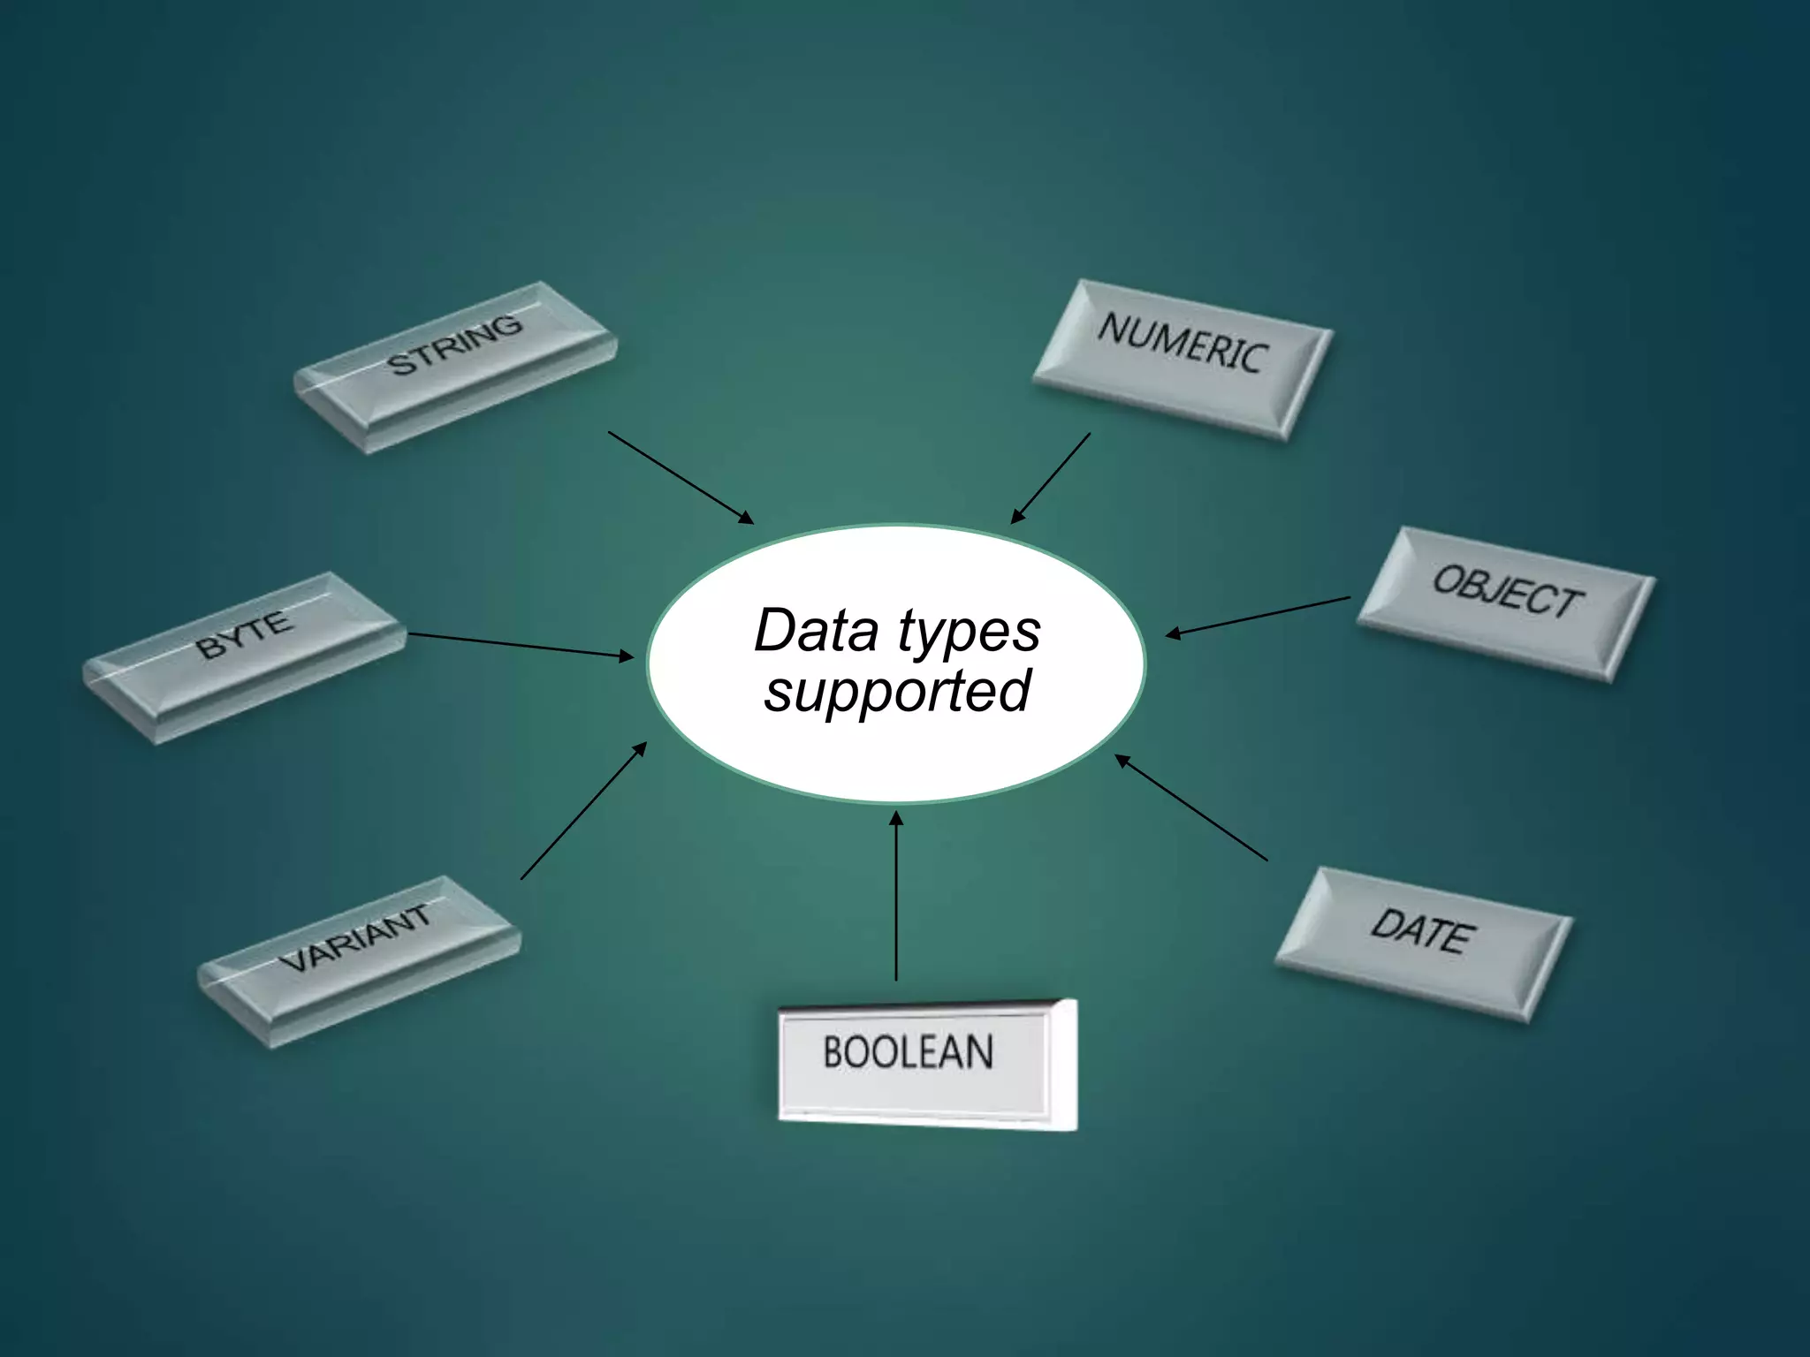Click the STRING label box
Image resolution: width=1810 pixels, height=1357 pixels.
pos(455,367)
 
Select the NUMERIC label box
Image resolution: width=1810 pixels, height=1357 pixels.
pos(1183,359)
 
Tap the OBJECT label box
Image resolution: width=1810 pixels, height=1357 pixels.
pos(1506,603)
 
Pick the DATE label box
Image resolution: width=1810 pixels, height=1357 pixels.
pos(1423,944)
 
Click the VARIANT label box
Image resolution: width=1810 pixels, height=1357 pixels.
pos(359,961)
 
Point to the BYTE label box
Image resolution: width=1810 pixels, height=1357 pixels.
pos(244,657)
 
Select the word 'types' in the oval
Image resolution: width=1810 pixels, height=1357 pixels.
pos(970,633)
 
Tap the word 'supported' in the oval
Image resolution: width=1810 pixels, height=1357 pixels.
pos(897,691)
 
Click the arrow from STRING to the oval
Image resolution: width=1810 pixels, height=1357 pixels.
pos(681,477)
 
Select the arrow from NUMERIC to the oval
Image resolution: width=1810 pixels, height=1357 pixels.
pos(1051,478)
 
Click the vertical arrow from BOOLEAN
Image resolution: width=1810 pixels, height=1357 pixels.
pos(896,897)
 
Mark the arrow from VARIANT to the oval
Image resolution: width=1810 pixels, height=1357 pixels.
pos(583,811)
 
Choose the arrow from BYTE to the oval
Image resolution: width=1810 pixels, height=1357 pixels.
pos(521,645)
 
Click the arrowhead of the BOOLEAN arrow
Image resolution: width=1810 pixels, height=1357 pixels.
pos(896,818)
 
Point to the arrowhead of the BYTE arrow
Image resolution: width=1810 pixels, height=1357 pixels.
pos(627,656)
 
